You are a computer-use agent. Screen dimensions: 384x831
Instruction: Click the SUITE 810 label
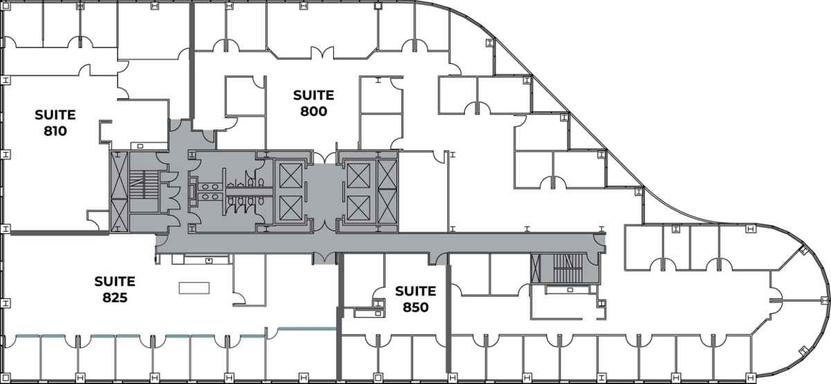click(55, 122)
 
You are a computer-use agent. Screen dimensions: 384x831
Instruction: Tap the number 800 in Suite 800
click(313, 111)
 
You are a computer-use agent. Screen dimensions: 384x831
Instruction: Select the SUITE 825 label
click(114, 290)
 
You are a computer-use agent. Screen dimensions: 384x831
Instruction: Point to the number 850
click(415, 307)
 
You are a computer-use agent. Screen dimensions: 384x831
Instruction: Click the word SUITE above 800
click(313, 95)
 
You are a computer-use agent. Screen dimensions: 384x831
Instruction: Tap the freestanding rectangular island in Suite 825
click(194, 288)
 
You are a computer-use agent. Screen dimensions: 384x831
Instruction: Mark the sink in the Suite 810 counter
click(141, 146)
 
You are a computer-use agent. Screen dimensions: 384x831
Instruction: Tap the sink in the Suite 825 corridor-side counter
click(208, 259)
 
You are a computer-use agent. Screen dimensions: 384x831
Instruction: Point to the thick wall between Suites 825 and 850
click(339, 304)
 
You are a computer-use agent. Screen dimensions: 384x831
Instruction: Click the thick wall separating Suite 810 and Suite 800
click(192, 62)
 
